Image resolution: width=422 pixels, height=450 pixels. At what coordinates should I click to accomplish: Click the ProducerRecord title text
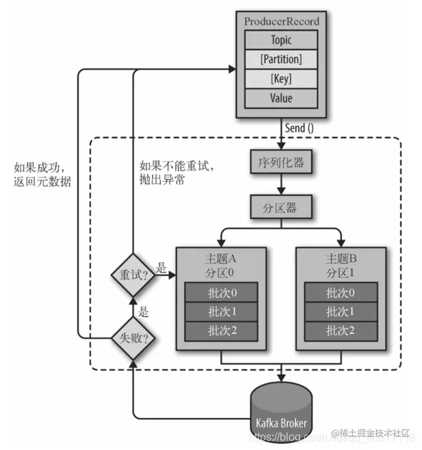281,21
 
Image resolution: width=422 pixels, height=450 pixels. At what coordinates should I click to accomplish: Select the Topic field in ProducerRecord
281,40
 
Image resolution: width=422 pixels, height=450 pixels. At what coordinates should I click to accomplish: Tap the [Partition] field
281,59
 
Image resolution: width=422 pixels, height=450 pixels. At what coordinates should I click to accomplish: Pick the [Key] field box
281,79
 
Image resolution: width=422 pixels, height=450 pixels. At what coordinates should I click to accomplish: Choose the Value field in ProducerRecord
281,98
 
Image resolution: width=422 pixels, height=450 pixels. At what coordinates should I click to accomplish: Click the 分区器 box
281,205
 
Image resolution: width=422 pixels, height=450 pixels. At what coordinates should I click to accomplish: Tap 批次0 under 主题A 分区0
222,293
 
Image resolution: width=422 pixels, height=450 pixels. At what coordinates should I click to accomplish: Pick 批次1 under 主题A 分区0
222,312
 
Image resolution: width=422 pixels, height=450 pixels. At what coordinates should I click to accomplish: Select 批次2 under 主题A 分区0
222,331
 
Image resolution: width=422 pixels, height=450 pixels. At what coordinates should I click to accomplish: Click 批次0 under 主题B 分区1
340,293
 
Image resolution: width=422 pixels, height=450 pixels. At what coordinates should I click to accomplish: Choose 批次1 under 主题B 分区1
340,312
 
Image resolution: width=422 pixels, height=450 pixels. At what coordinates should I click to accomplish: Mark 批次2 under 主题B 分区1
340,331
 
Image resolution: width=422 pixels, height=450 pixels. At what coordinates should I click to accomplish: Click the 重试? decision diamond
132,276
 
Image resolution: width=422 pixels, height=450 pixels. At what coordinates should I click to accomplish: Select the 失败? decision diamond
132,337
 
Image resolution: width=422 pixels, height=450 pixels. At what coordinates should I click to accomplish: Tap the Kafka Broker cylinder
281,413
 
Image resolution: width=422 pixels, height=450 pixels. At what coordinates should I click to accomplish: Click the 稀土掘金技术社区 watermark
375,433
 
